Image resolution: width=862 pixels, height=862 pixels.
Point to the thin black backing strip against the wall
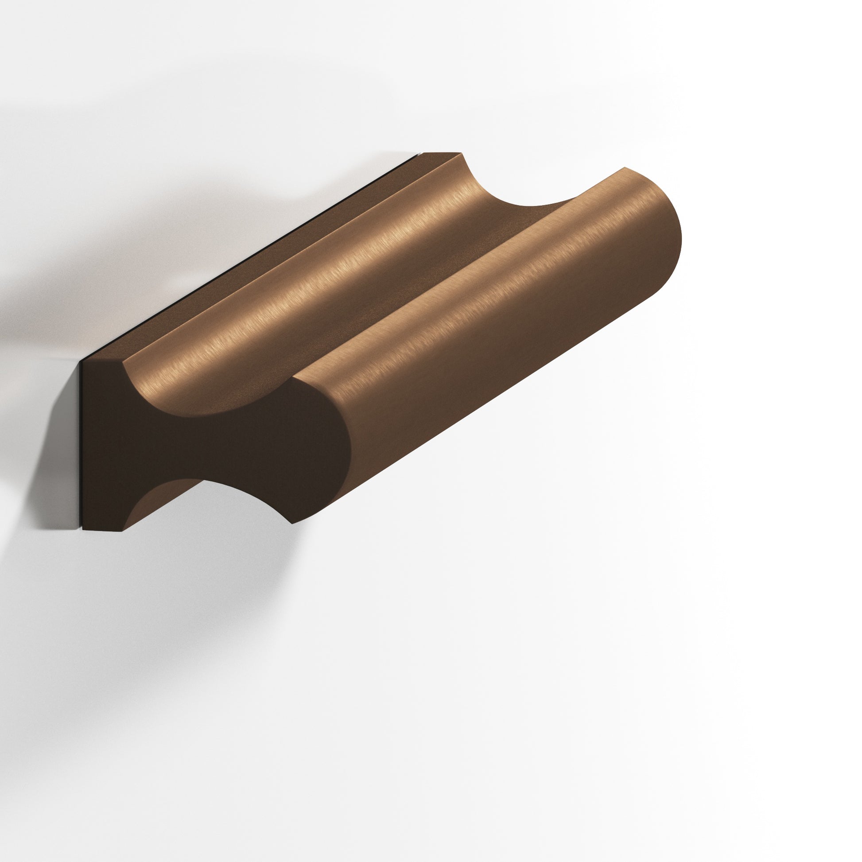81,446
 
